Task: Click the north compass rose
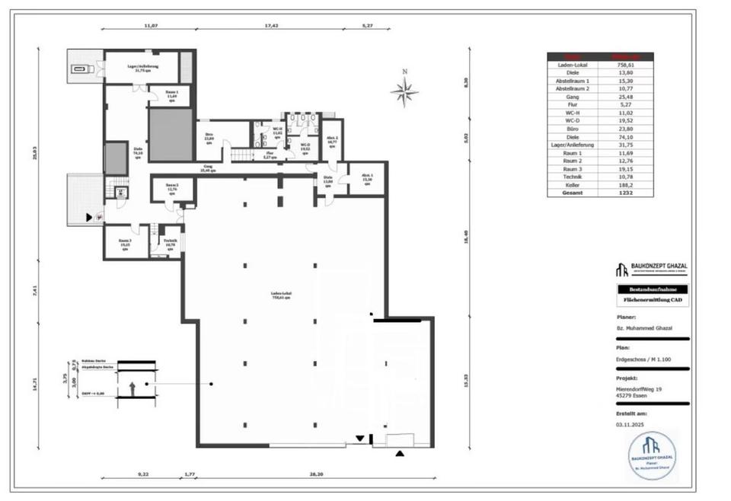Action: (404, 91)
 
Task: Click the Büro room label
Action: (208, 139)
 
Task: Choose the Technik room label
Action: (169, 244)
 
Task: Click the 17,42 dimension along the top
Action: (272, 25)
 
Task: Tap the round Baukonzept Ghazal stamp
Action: (652, 455)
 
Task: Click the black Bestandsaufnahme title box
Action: (652, 289)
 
